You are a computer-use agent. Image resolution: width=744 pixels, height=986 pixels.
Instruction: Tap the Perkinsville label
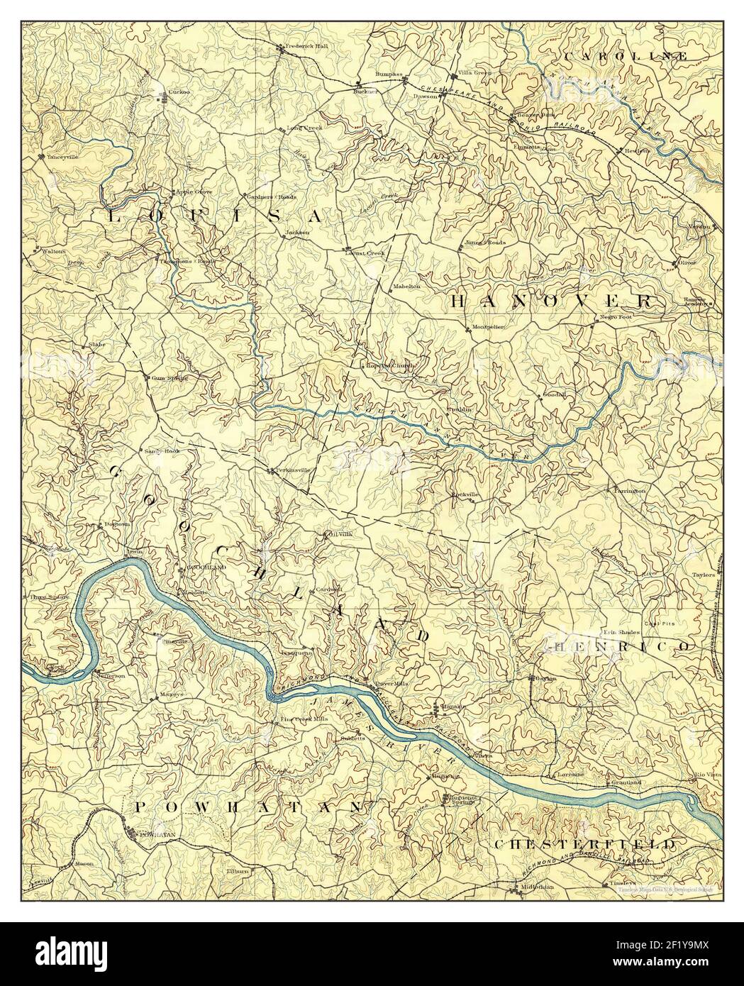coord(292,470)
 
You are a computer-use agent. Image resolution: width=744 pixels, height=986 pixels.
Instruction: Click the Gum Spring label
coord(170,378)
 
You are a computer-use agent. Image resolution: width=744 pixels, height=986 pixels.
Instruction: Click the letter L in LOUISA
coord(113,216)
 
